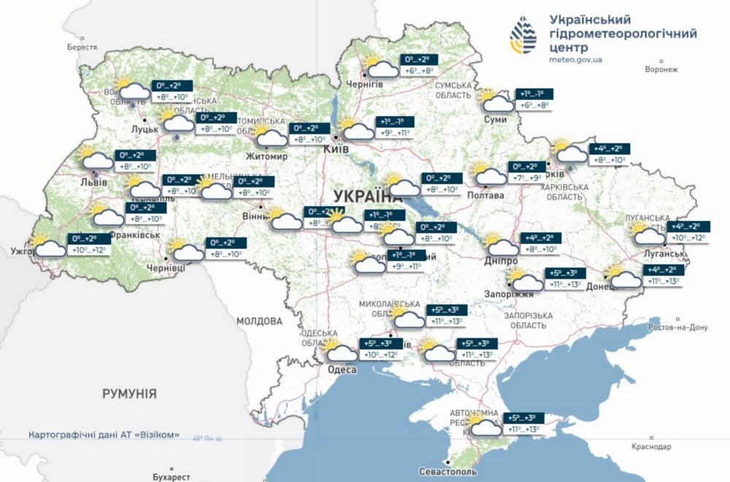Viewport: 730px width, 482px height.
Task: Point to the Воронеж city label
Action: pos(662,69)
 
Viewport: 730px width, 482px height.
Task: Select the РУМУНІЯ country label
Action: pos(129,394)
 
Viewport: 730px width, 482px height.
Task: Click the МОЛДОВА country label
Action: pos(258,321)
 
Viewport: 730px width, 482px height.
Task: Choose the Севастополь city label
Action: pos(450,472)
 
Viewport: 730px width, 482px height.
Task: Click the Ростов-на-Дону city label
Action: pos(678,327)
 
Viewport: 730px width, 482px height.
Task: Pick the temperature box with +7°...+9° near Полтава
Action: pos(526,172)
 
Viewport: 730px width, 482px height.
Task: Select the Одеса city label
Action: pos(342,370)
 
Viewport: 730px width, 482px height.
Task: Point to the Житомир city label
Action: pos(267,156)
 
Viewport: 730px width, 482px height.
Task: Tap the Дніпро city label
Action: pos(501,261)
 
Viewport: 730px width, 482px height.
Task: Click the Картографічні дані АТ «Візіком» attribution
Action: pos(104,434)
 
